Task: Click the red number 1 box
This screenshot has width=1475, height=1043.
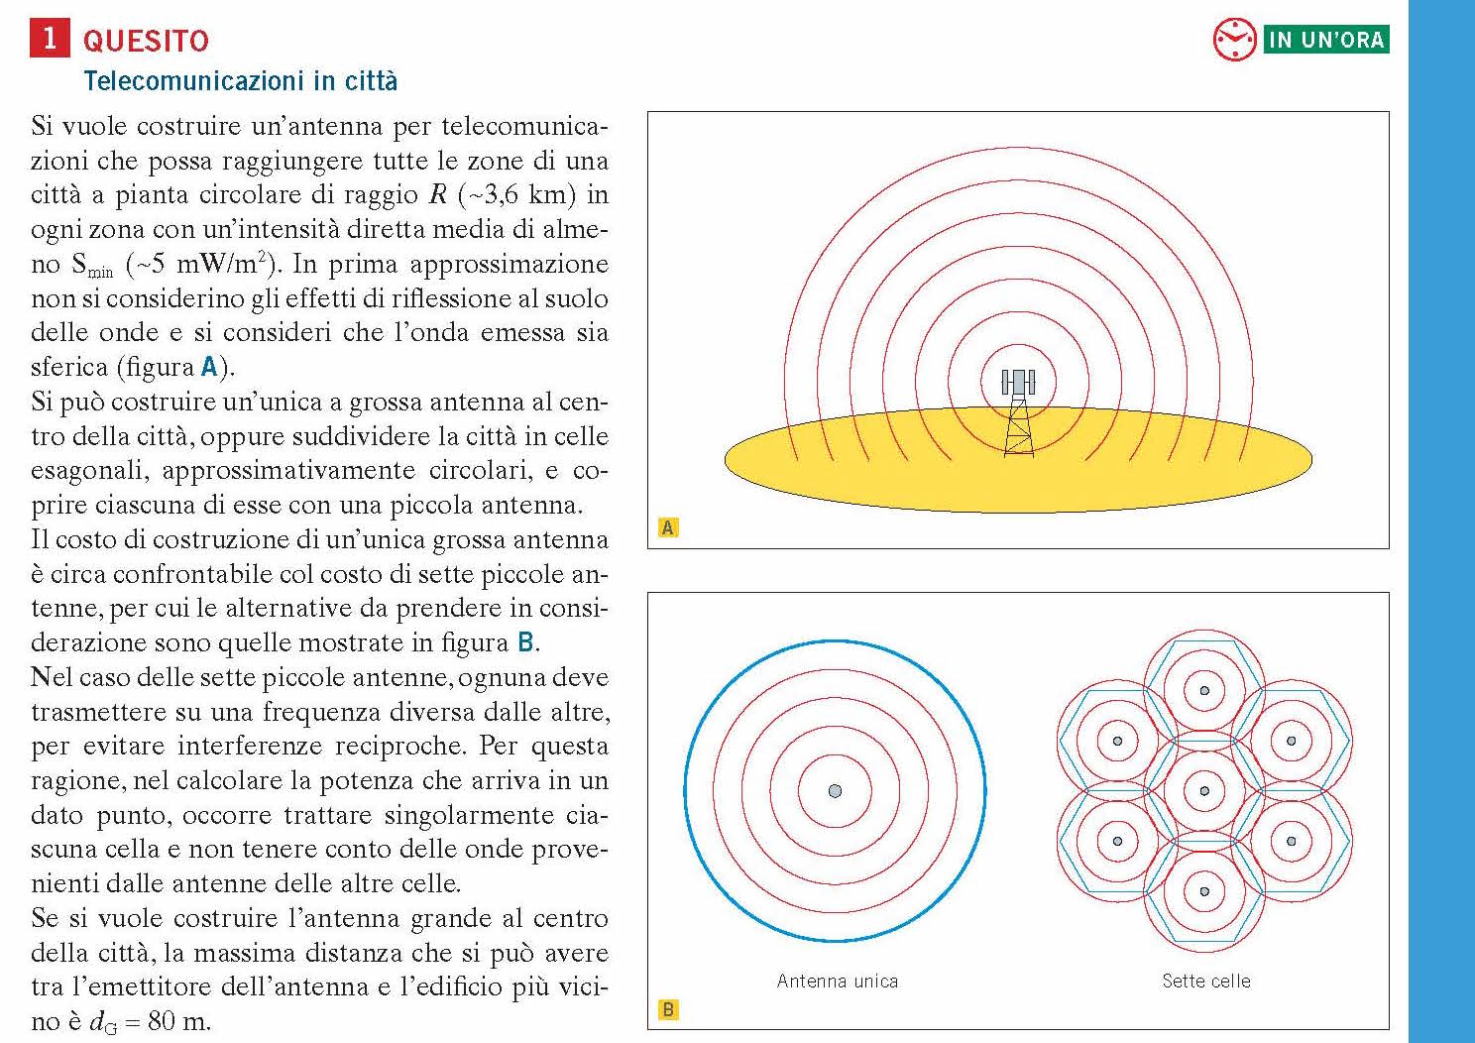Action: [50, 39]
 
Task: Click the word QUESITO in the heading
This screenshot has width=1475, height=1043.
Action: [146, 41]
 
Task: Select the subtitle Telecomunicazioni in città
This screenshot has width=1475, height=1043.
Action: [240, 80]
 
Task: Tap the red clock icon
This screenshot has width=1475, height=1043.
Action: [1234, 40]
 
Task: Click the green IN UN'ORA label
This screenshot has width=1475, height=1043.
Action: [1326, 40]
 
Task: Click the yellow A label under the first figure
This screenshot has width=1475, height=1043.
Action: [668, 527]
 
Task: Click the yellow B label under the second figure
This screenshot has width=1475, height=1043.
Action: [668, 1009]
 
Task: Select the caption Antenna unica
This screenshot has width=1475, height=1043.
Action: [838, 982]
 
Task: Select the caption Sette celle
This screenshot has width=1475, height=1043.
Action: [1205, 982]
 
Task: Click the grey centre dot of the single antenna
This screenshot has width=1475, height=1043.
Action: [835, 790]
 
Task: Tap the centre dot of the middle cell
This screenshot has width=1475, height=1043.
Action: [1204, 791]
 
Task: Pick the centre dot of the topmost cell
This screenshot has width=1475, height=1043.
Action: [1204, 690]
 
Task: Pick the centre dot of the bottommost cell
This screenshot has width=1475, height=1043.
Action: [1204, 891]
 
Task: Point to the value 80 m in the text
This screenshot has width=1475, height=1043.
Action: [178, 1021]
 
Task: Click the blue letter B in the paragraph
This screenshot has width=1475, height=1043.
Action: [526, 642]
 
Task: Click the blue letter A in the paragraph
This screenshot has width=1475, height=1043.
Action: [209, 367]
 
